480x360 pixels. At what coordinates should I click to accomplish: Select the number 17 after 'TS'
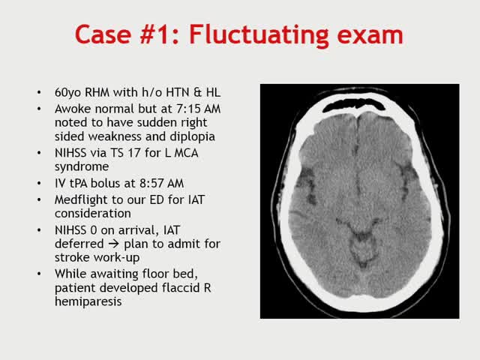point(127,153)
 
